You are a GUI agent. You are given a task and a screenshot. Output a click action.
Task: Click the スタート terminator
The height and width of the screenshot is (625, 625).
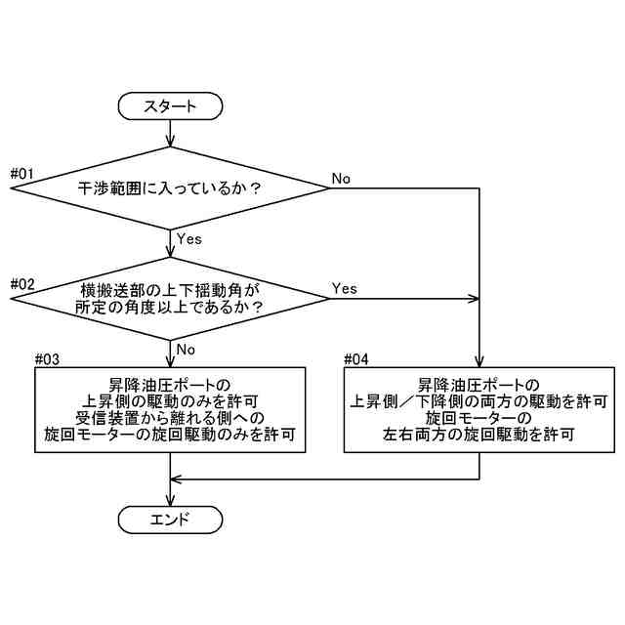coord(170,105)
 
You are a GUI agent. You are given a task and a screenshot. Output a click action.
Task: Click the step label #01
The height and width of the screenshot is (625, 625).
coord(21,174)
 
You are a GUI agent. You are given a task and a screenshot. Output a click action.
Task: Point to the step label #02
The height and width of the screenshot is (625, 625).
coord(21,284)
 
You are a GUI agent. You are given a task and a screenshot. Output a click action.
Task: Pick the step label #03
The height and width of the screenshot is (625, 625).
coord(47,359)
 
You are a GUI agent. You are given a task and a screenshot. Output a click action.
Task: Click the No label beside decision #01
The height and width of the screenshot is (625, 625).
coord(341,178)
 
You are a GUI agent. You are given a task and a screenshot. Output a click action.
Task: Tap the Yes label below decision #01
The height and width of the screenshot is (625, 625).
coord(188,237)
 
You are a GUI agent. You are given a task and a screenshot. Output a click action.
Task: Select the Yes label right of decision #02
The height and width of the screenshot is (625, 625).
coord(345,288)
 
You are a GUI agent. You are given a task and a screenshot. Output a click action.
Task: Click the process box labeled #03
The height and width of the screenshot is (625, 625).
coord(170,410)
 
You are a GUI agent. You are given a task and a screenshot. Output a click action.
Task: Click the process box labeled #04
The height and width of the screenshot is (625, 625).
coord(479,410)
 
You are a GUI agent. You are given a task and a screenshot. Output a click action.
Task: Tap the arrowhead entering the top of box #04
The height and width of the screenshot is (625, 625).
coord(479,361)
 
